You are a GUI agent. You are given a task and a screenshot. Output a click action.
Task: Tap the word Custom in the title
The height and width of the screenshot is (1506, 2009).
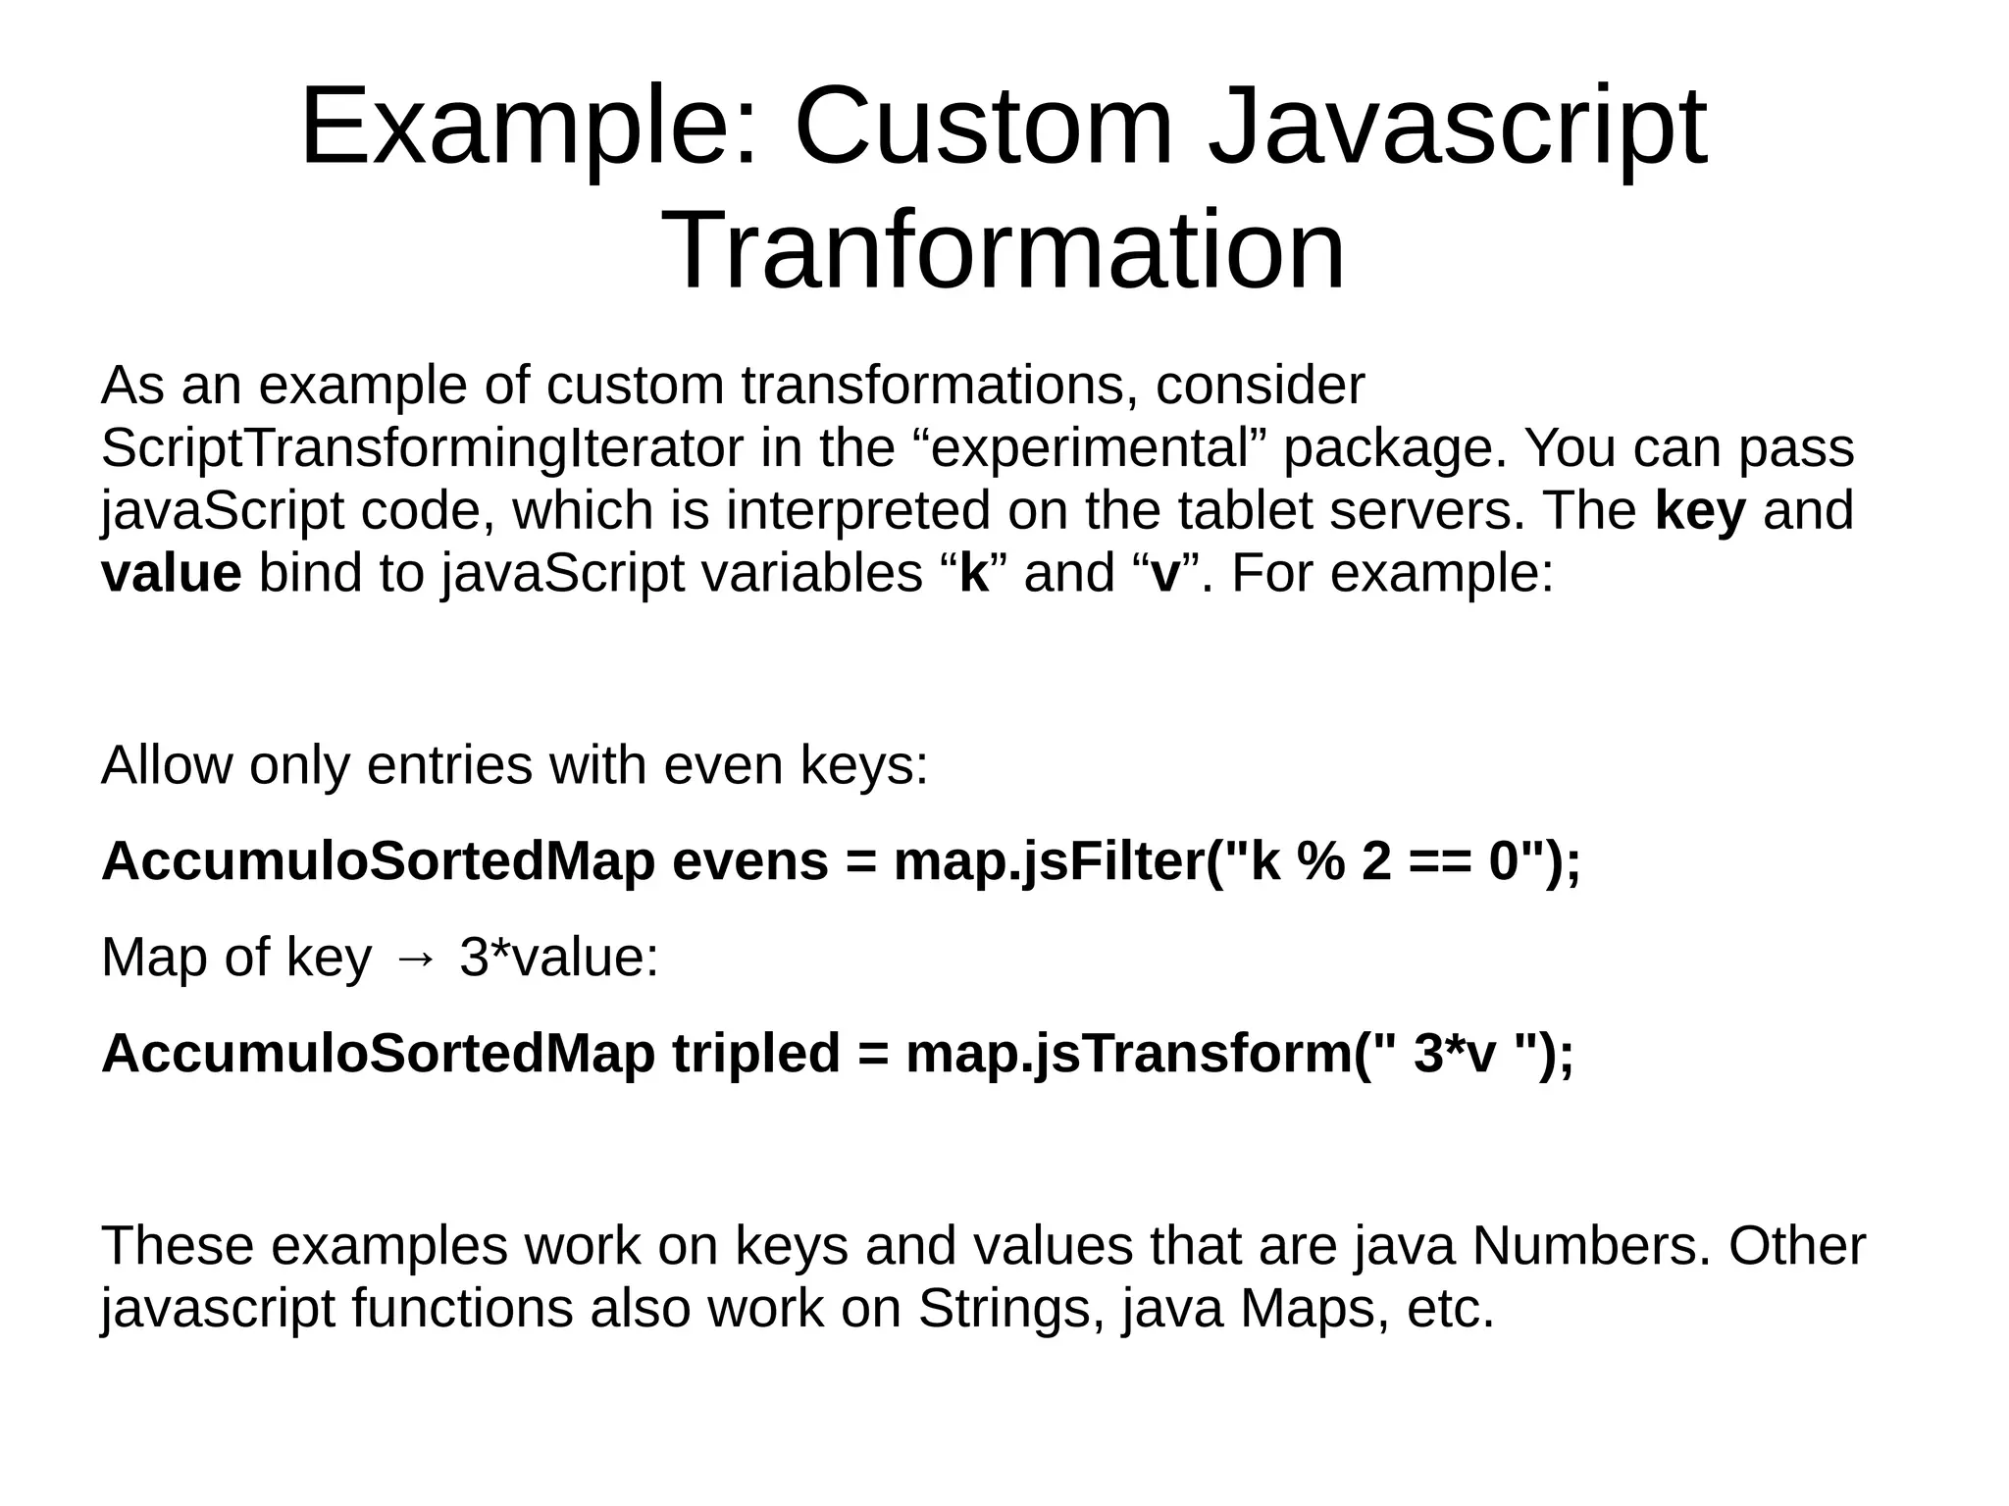click(x=983, y=128)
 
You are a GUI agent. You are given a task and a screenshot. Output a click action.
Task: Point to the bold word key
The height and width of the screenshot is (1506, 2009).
click(x=1700, y=511)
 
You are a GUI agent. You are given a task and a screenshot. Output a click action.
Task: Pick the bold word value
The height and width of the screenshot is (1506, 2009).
click(x=171, y=574)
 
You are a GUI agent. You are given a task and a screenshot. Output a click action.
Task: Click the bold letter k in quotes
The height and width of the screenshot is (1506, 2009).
click(x=973, y=574)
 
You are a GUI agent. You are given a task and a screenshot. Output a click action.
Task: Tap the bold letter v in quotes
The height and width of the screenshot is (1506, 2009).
click(x=1164, y=574)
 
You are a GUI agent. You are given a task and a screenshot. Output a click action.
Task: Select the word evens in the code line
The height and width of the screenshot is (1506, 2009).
click(x=750, y=861)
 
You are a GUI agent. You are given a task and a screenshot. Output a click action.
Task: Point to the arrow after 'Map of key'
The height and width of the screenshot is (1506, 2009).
click(x=415, y=959)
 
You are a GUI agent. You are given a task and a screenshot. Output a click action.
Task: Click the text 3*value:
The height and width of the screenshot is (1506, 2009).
click(x=558, y=957)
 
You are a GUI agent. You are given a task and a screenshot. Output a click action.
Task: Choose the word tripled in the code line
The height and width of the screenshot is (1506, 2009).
click(x=756, y=1053)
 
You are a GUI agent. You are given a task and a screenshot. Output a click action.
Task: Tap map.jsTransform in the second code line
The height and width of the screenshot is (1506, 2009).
click(x=1128, y=1053)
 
